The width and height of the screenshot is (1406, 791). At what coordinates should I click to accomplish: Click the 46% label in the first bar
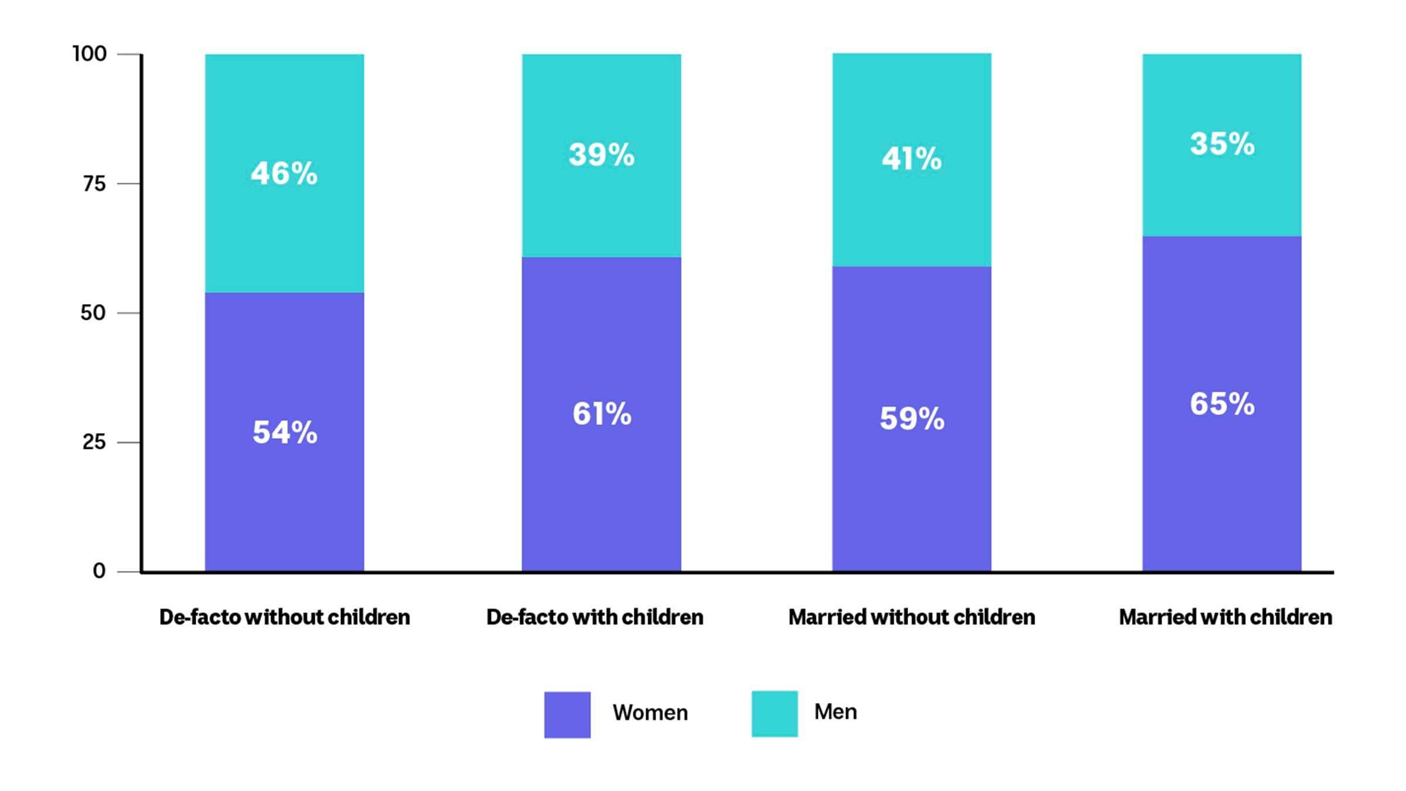[x=284, y=173]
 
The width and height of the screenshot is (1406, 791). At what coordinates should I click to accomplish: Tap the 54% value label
[x=285, y=433]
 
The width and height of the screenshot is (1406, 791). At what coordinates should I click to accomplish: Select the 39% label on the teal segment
[x=602, y=155]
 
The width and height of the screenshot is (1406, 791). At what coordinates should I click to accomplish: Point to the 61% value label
[x=602, y=414]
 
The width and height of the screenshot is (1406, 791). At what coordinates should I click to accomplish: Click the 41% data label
[x=912, y=159]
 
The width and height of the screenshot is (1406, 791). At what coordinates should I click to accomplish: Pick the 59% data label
[x=912, y=419]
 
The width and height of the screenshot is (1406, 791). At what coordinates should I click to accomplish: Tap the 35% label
[x=1222, y=144]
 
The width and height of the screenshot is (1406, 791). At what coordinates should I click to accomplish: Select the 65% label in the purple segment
[x=1222, y=404]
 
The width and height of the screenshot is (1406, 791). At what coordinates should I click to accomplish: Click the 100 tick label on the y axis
[x=90, y=54]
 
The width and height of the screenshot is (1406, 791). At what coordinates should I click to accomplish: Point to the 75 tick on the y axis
[x=94, y=184]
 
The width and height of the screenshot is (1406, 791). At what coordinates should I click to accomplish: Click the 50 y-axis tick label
[x=93, y=313]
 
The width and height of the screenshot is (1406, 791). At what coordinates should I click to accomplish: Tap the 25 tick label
[x=94, y=442]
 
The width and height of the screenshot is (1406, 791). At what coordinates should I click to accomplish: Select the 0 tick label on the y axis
[x=99, y=571]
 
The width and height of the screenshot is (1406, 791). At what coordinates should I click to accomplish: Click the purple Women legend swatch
[x=567, y=714]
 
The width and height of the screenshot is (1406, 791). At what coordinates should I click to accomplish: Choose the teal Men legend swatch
[x=774, y=714]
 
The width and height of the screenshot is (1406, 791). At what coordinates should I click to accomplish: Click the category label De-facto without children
[x=285, y=617]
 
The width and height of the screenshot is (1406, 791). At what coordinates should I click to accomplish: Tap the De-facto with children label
[x=595, y=617]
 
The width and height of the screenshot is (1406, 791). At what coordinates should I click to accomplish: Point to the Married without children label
[x=912, y=617]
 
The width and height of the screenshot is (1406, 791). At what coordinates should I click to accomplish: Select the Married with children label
[x=1226, y=617]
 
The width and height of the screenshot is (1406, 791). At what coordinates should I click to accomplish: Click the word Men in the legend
[x=835, y=712]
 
